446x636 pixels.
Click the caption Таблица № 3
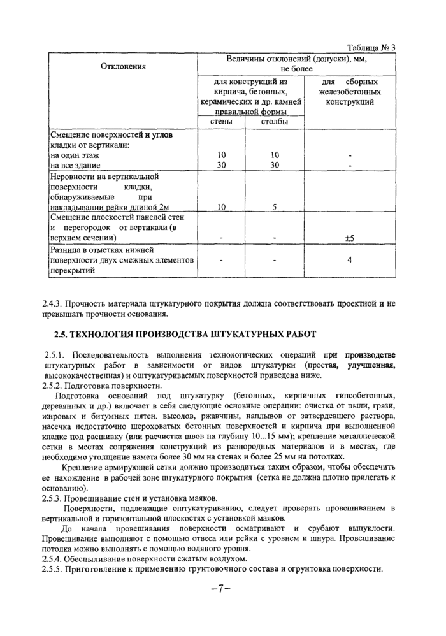(371, 48)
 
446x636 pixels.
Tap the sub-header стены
(221, 122)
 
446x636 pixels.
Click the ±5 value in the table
(349, 238)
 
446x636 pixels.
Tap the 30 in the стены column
(221, 165)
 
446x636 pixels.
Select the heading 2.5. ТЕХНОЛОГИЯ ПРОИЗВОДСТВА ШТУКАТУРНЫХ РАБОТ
(184, 334)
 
